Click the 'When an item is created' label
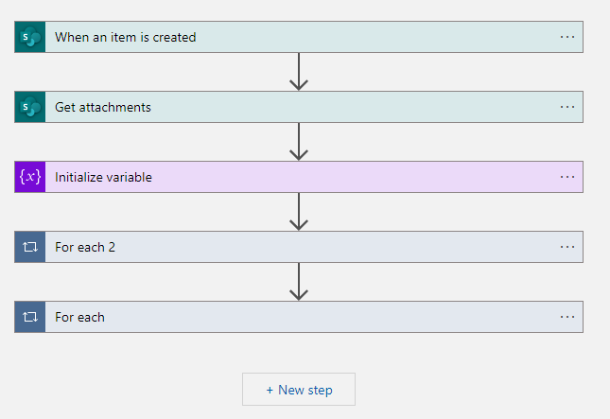125,38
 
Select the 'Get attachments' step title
102,108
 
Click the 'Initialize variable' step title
103,178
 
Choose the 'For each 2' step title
85,248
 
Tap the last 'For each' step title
79,318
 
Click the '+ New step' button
299,390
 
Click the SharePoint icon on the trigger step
30,38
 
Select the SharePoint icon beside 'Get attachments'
30,108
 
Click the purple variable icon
30,178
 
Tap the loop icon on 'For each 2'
30,248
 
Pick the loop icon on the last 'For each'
30,318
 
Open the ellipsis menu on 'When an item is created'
567,38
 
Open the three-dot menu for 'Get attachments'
567,108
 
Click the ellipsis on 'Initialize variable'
567,178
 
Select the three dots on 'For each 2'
567,248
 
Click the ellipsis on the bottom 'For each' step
567,318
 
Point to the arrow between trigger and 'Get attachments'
299,73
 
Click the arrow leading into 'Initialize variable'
299,143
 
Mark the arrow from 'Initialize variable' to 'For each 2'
299,213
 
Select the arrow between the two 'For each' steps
299,283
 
